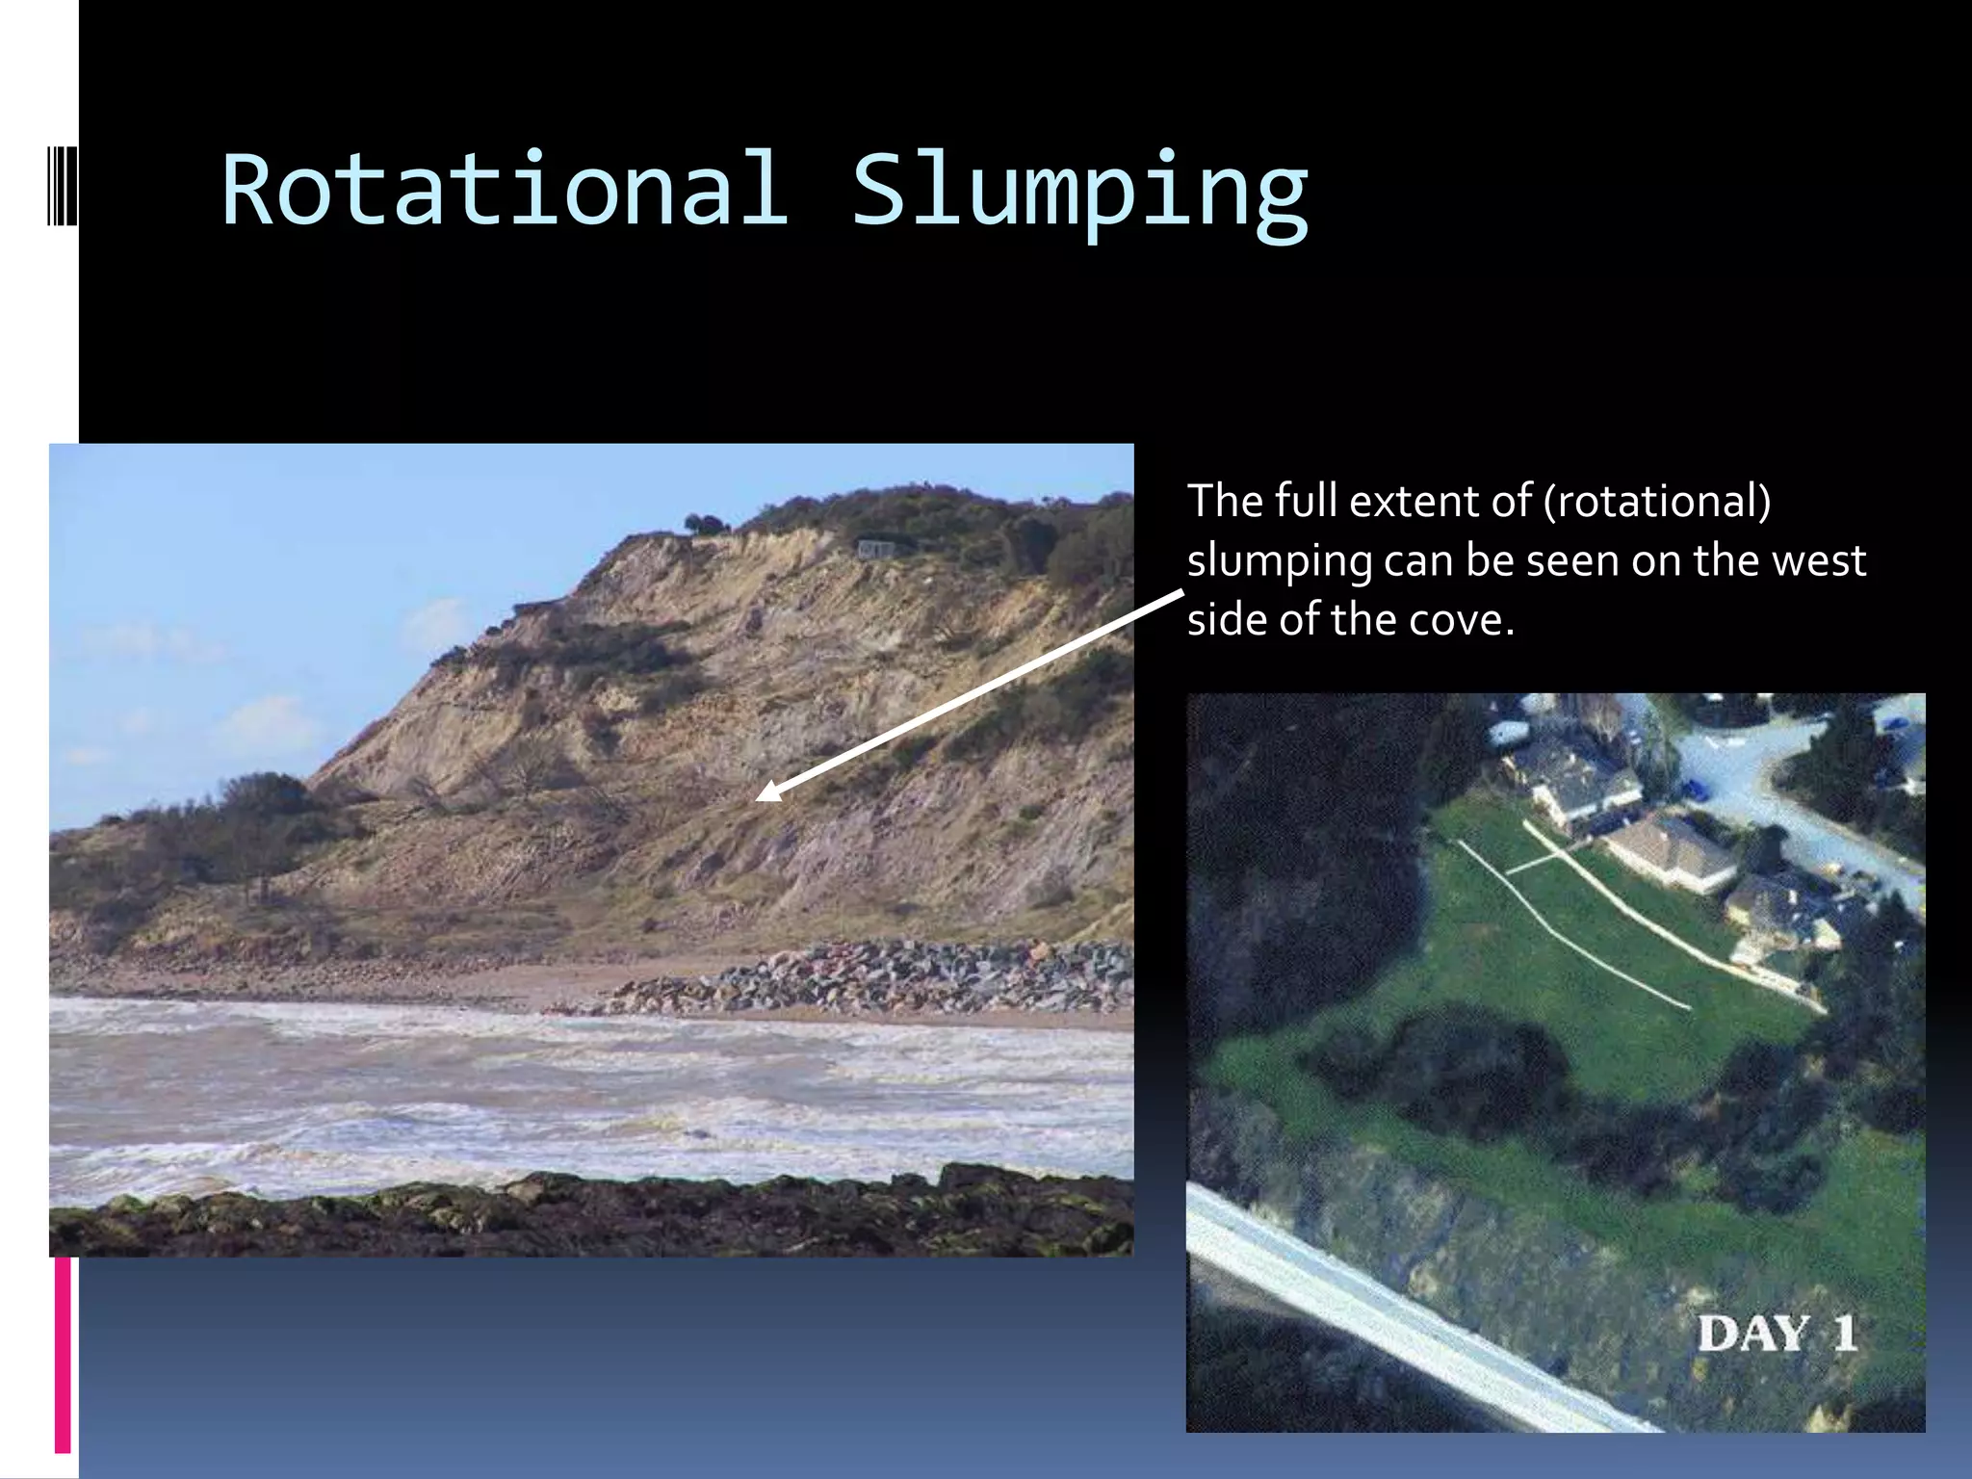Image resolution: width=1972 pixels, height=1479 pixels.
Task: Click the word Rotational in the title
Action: (x=506, y=191)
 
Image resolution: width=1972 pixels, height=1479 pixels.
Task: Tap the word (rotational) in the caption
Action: (x=1656, y=501)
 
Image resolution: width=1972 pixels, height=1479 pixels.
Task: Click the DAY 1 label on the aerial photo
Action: (x=1777, y=1334)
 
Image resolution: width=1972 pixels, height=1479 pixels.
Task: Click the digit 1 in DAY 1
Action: (x=1844, y=1334)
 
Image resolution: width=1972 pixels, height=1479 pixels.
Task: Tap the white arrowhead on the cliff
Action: (x=768, y=792)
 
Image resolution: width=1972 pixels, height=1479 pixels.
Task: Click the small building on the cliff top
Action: (x=876, y=549)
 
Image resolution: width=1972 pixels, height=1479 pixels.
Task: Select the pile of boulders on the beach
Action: (x=867, y=977)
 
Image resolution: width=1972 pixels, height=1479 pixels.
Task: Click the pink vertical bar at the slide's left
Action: (x=63, y=1353)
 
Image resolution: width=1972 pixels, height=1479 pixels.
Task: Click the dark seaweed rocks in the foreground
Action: (x=578, y=1218)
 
